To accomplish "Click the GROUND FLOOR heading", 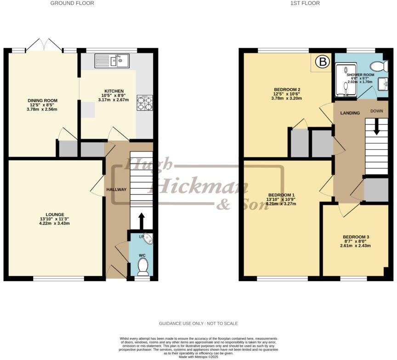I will tap(72, 3).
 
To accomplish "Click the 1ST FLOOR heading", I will tap(305, 3).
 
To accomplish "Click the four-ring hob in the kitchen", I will tap(144, 103).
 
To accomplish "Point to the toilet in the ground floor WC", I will tap(143, 266).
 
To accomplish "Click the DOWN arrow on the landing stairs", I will tap(377, 126).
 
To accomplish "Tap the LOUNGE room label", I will tap(55, 214).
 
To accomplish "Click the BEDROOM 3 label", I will tap(356, 237).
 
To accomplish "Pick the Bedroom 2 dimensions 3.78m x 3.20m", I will tap(287, 98).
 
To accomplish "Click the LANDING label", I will tap(350, 113).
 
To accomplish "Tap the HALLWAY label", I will tap(116, 190).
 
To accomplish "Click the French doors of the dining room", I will tap(44, 45).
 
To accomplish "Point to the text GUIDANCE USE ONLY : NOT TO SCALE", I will tap(198, 324).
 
